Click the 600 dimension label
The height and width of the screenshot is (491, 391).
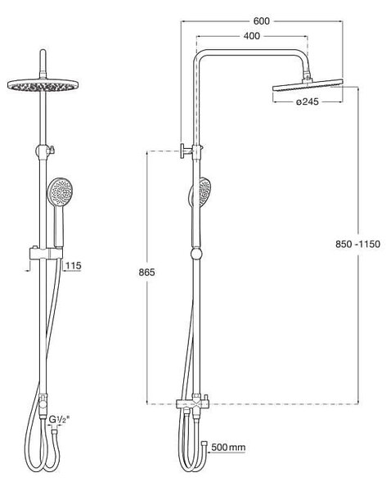(262, 21)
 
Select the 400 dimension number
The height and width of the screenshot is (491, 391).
(252, 36)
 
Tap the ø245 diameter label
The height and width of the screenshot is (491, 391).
(307, 101)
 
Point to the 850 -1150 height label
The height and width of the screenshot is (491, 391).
(357, 244)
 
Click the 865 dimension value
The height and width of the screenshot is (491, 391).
(146, 273)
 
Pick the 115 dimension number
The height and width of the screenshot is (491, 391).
(74, 266)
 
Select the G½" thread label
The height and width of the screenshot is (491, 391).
(59, 419)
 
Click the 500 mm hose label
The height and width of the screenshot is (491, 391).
(228, 447)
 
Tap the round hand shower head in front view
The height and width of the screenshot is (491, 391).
(60, 190)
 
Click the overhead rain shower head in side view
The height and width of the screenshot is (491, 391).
(308, 85)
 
